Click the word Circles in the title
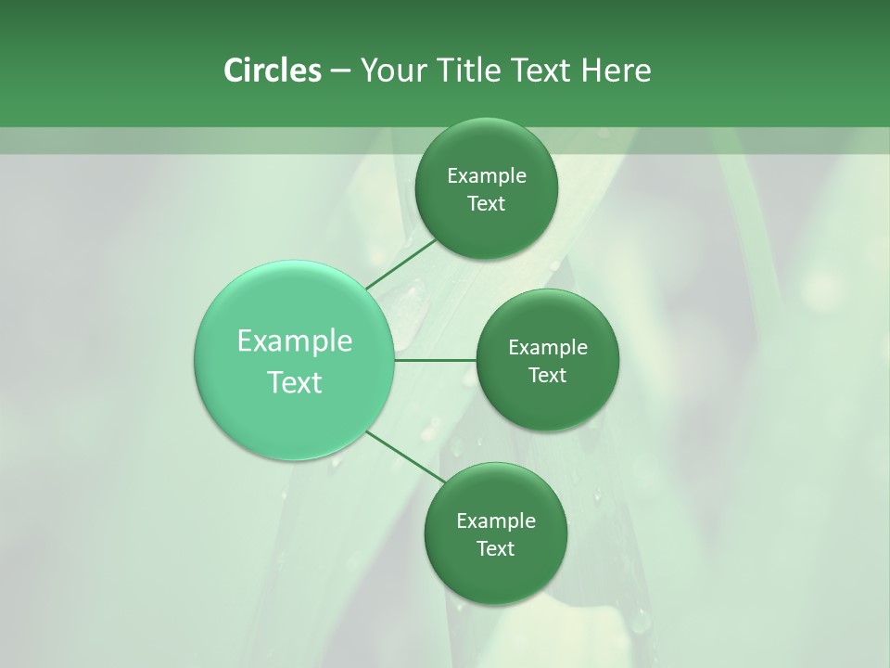[x=272, y=71]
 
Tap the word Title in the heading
[x=471, y=71]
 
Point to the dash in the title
[x=339, y=71]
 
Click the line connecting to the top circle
[x=401, y=263]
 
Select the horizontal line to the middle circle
[x=436, y=360]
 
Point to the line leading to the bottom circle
[x=405, y=456]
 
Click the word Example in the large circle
[x=295, y=341]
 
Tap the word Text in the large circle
[x=295, y=382]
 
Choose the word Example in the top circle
[x=487, y=176]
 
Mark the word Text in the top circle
[x=487, y=204]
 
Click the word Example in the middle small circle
[x=548, y=348]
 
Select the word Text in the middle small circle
[x=548, y=376]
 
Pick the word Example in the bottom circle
[x=496, y=521]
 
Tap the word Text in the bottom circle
[x=496, y=549]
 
